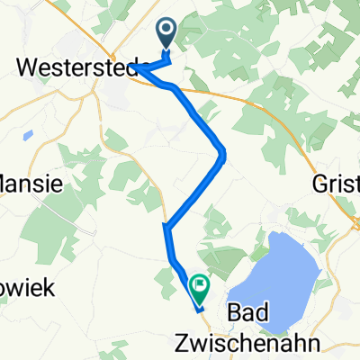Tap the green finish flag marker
coord(198,287)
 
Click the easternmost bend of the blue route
coord(223,157)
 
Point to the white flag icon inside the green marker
coord(198,285)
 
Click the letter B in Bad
coord(235,312)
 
